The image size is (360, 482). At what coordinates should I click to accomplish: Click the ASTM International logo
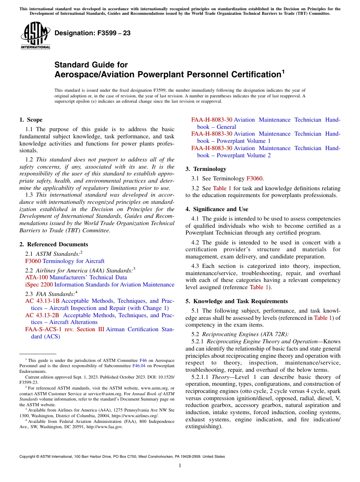click(x=35, y=36)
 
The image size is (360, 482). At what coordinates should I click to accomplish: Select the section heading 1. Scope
click(x=31, y=120)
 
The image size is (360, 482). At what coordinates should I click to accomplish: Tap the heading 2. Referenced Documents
click(x=53, y=244)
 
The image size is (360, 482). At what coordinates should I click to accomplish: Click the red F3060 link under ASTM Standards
click(x=33, y=261)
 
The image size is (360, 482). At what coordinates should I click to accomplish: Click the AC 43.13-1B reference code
click(x=42, y=301)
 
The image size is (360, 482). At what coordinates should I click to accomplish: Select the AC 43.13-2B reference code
click(x=42, y=315)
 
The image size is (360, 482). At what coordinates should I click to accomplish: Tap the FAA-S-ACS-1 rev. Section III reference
click(x=64, y=329)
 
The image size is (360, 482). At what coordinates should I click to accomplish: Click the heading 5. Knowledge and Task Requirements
click(x=236, y=301)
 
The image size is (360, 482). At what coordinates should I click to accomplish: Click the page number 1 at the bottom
click(x=180, y=466)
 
